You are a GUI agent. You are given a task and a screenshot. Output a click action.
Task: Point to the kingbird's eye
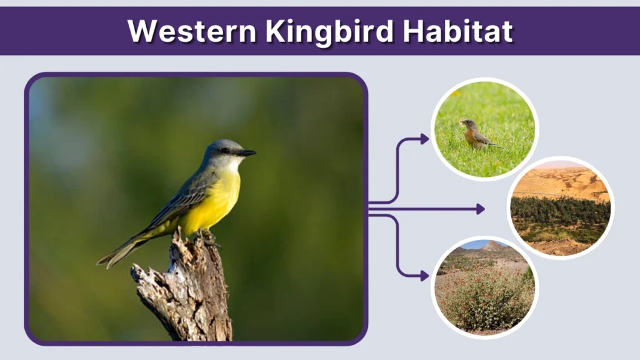[225, 151]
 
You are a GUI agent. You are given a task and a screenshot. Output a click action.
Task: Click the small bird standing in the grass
[475, 134]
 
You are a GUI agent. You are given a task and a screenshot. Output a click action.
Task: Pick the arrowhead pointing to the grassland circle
[424, 139]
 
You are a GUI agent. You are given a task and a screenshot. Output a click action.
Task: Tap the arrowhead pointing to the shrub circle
[424, 275]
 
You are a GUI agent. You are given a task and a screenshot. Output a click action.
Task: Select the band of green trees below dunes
[559, 211]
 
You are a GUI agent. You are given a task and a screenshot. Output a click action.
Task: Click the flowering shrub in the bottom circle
[484, 297]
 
